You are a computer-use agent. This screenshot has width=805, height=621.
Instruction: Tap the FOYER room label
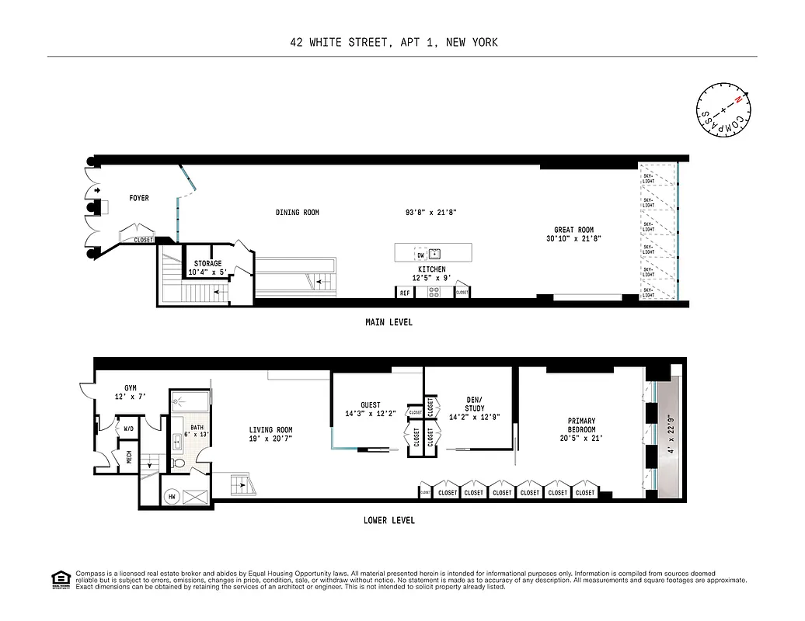[x=139, y=199]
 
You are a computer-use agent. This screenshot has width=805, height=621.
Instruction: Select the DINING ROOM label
[x=297, y=213]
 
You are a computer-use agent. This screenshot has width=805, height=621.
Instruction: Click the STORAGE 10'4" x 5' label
[x=207, y=268]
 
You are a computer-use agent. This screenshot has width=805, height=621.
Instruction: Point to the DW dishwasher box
[x=420, y=254]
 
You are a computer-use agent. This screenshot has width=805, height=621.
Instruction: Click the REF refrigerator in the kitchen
[x=405, y=293]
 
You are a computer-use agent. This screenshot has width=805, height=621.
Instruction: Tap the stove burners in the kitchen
[x=434, y=293]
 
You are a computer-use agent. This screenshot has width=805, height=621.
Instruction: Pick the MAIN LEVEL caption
[x=389, y=322]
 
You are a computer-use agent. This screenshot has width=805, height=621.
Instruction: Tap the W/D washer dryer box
[x=128, y=427]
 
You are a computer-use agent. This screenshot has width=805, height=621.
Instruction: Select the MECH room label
[x=129, y=458]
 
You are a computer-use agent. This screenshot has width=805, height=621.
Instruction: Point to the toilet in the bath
[x=179, y=463]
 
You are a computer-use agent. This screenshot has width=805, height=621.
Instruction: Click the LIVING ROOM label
[x=270, y=435]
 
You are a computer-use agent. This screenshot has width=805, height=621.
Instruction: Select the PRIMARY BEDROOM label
[x=581, y=430]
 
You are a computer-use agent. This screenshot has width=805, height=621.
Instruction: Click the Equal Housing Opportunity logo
[x=59, y=578]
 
